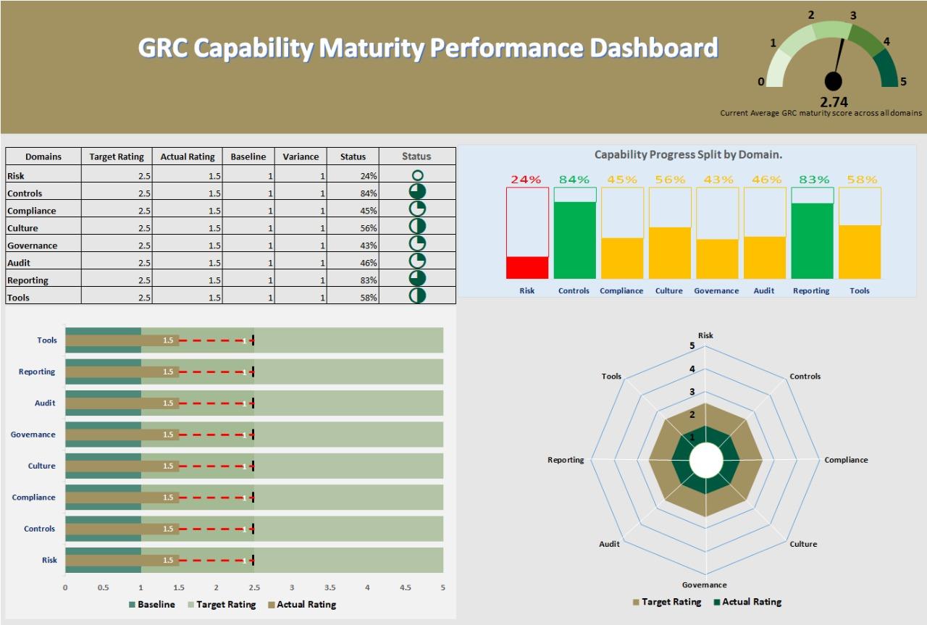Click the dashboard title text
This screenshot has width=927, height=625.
pyautogui.click(x=428, y=48)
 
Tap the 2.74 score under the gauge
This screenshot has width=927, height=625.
pyautogui.click(x=834, y=102)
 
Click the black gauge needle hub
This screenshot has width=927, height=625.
pyautogui.click(x=834, y=82)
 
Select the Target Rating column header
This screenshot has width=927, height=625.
pyautogui.click(x=117, y=156)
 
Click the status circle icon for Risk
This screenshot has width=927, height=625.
pyautogui.click(x=417, y=175)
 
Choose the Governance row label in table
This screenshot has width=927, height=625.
pyautogui.click(x=32, y=246)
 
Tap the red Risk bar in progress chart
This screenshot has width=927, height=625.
pyautogui.click(x=527, y=267)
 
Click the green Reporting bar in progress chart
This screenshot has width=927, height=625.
pyautogui.click(x=813, y=240)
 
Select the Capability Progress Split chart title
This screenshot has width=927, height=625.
pyautogui.click(x=688, y=154)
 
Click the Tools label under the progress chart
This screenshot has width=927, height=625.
pyautogui.click(x=860, y=291)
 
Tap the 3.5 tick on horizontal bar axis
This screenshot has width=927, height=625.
pyautogui.click(x=330, y=587)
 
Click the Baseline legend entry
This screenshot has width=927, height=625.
pyautogui.click(x=151, y=605)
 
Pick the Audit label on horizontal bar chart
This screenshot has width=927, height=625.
pyautogui.click(x=44, y=403)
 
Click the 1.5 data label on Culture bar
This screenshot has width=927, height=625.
pyautogui.click(x=168, y=466)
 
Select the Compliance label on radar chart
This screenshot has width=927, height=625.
pyautogui.click(x=846, y=460)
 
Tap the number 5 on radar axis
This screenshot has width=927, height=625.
pyautogui.click(x=692, y=345)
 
